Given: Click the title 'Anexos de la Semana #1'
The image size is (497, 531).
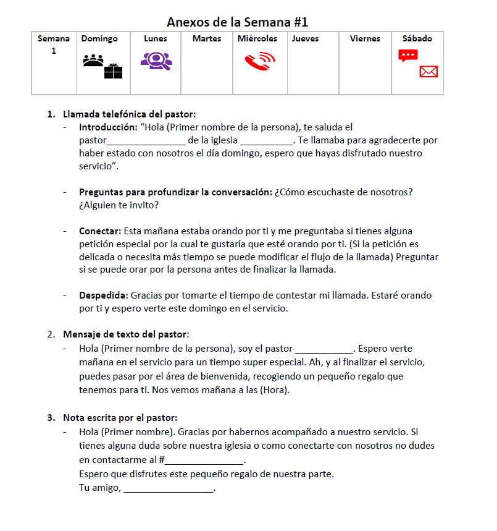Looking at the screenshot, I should tap(237, 22).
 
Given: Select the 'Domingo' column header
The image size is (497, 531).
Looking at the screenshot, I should tap(99, 38).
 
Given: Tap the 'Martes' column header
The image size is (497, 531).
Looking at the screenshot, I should tap(207, 38).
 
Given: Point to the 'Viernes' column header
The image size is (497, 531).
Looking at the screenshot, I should tap(365, 38).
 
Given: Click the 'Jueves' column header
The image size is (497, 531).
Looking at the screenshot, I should tap(306, 38).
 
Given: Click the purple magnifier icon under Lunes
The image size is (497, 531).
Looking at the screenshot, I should tap(156, 60).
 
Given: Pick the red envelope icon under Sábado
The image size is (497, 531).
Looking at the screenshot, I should tap(428, 72).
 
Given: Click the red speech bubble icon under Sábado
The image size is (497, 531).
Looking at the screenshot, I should tap(408, 56).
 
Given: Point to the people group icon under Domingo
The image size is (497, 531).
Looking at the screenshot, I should tap(93, 60).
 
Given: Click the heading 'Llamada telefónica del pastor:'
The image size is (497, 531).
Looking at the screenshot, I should tap(129, 114).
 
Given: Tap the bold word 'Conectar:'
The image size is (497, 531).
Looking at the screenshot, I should tap(100, 231).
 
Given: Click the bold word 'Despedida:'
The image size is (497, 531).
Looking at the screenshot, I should tap(104, 295).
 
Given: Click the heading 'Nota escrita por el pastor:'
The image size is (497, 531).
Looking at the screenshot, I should tap(120, 418).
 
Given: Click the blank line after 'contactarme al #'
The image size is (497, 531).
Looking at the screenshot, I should tap(204, 461).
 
